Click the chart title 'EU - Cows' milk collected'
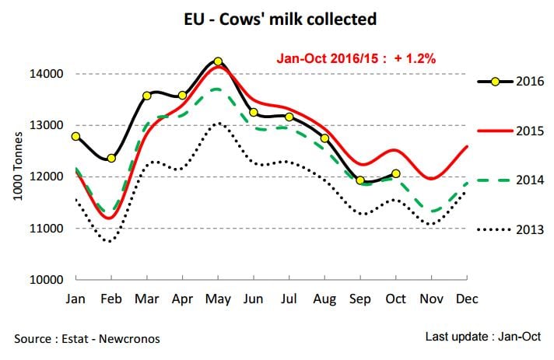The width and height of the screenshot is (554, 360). coord(276,19)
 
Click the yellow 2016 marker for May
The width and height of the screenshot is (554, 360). coord(218,61)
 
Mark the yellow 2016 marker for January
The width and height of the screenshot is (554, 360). coord(75,136)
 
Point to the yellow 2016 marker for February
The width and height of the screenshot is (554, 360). coord(111,158)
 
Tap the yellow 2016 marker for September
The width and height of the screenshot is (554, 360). coord(360,180)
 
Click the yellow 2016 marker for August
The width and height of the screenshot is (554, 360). coord(324,138)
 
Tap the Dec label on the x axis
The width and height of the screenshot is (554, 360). coord(466,299)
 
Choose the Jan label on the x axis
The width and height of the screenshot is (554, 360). coord(75,299)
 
